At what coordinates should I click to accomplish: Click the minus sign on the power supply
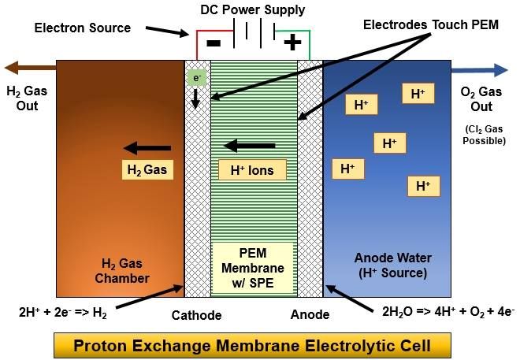coord(214,43)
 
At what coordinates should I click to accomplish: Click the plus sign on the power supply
coord(292,43)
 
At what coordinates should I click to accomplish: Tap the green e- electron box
coord(197,78)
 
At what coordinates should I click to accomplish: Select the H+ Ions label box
coord(252,170)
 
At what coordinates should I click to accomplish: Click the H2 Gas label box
coord(147,169)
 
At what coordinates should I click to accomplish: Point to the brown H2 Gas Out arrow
coord(30,68)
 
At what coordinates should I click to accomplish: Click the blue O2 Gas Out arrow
coord(480,70)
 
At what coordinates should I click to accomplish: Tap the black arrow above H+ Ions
coord(250,146)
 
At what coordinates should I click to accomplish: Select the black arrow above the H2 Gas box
coord(147,148)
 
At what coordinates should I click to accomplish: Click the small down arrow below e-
coord(195,98)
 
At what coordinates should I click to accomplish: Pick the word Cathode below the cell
coord(197,315)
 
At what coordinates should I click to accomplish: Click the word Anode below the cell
coord(310,314)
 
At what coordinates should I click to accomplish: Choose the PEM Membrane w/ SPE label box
coord(253,268)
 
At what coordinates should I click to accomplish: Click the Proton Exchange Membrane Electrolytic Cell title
coord(252,345)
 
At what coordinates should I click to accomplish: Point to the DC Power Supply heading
coord(253,9)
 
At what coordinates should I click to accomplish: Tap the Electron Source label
coord(83,28)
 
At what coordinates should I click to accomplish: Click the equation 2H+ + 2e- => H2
coord(63,312)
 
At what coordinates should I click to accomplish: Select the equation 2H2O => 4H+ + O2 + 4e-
coord(448,312)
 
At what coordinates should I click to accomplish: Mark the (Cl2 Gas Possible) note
coord(485,135)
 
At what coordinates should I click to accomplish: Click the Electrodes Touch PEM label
coord(431,25)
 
